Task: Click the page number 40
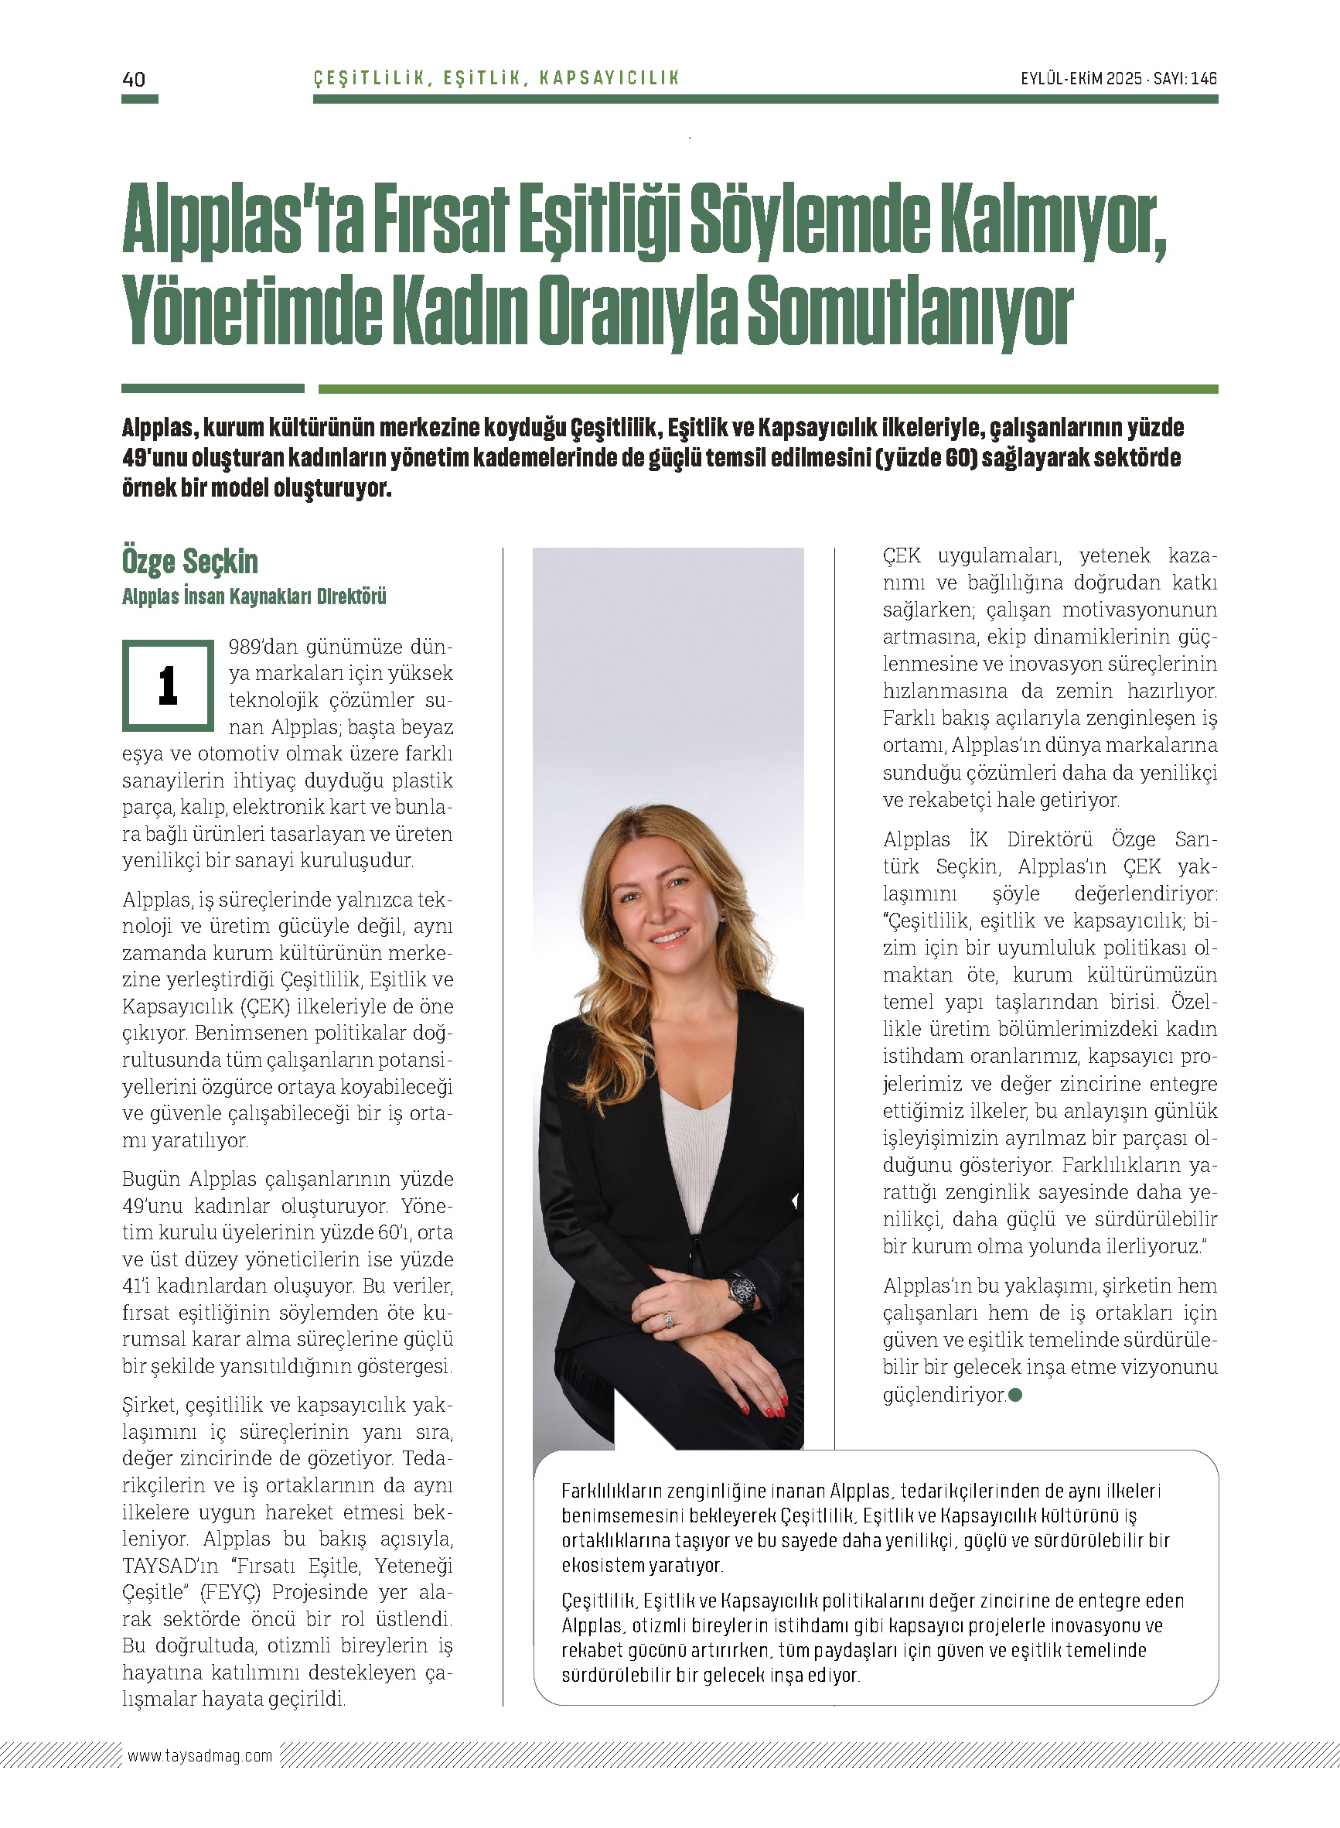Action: pyautogui.click(x=134, y=79)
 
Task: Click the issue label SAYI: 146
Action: pyautogui.click(x=1185, y=79)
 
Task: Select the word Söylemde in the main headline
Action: pyautogui.click(x=809, y=221)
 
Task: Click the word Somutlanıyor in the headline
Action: pyautogui.click(x=909, y=312)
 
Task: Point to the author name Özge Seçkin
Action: pyautogui.click(x=189, y=562)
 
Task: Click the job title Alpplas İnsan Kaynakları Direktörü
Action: pyautogui.click(x=254, y=597)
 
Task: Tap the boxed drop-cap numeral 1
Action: pyautogui.click(x=168, y=685)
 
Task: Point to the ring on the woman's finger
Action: pyautogui.click(x=668, y=1321)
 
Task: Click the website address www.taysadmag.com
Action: pyautogui.click(x=199, y=1756)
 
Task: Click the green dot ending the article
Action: pyautogui.click(x=1014, y=1395)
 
